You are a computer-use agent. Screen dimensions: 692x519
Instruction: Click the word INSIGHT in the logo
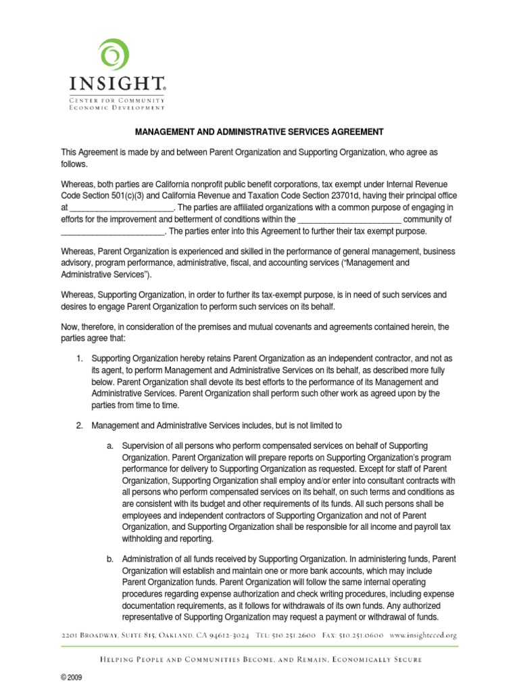pos(116,84)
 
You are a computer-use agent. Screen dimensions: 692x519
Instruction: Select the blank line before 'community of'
pos(349,219)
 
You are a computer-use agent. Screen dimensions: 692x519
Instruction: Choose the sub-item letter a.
pos(110,447)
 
